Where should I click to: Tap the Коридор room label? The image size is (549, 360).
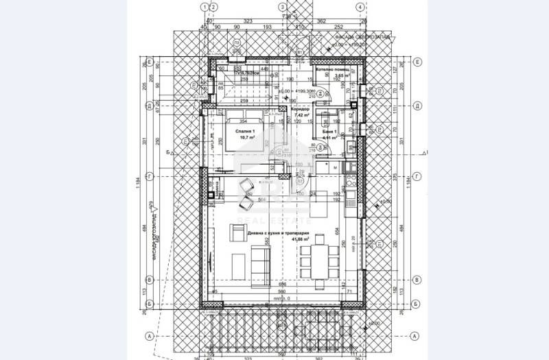click(x=301, y=109)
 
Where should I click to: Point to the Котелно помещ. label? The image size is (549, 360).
click(x=332, y=70)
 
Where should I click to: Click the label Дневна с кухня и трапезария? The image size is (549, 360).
click(x=279, y=234)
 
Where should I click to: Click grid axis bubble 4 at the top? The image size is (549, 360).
click(x=358, y=7)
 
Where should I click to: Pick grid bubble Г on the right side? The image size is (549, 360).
click(x=417, y=176)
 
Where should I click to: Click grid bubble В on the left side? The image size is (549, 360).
click(x=149, y=280)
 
